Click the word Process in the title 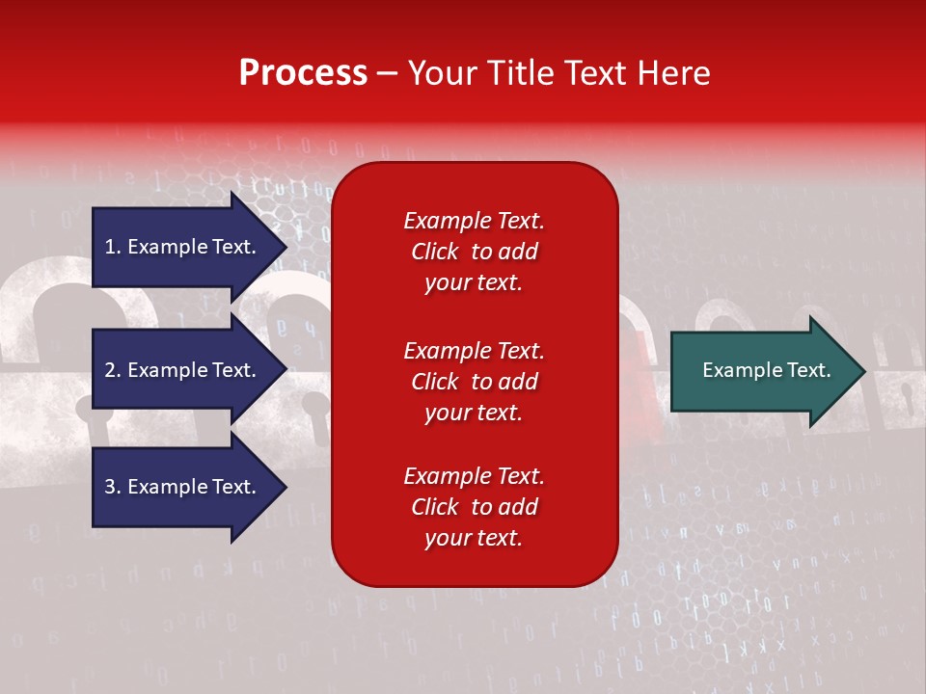click(303, 73)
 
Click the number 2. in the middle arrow click(113, 370)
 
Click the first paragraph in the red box click(474, 252)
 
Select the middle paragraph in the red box click(474, 382)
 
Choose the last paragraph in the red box click(474, 507)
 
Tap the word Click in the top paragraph click(434, 252)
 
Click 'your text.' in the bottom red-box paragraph click(474, 538)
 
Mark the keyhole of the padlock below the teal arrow click(908, 393)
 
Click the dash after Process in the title click(388, 73)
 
